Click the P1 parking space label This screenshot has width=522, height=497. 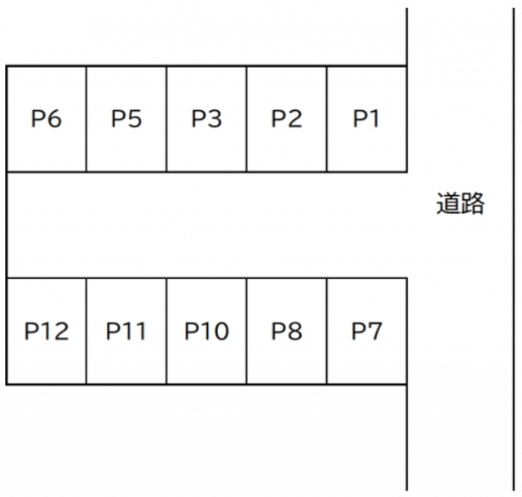point(366,118)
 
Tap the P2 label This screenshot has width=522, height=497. point(286,118)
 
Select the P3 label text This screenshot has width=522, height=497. point(206,118)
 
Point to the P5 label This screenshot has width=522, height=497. point(126,118)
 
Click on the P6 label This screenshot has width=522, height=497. point(46,118)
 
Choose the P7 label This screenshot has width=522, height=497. point(366,331)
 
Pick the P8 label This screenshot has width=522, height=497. point(286,331)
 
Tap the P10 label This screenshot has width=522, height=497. point(206,331)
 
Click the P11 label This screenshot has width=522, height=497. point(126,331)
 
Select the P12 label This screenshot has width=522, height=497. point(46,331)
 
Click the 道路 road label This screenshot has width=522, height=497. point(460,203)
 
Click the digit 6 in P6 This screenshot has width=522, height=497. point(55,118)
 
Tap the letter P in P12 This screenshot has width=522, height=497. point(31,331)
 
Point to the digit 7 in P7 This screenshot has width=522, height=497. point(374,331)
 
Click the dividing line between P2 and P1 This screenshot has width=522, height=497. point(327,119)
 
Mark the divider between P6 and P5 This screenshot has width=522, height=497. point(86,119)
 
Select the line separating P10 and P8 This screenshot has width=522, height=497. point(246,331)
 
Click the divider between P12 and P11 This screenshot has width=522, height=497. point(86,331)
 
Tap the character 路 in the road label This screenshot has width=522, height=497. point(472,203)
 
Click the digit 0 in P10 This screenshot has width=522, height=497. point(221,331)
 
